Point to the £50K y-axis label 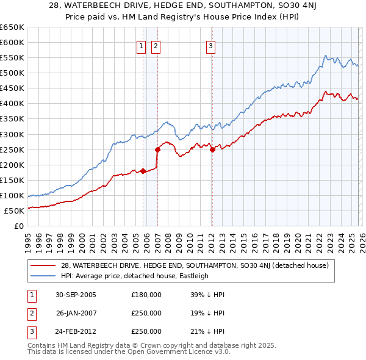14,211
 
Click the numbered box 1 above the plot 142,45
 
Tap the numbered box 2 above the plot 156,45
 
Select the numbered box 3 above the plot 210,45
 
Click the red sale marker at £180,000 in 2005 143,171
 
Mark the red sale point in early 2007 157,149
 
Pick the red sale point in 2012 212,149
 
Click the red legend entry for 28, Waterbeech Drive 195,265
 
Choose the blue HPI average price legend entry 135,276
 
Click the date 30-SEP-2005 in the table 76,294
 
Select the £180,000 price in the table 146,294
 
